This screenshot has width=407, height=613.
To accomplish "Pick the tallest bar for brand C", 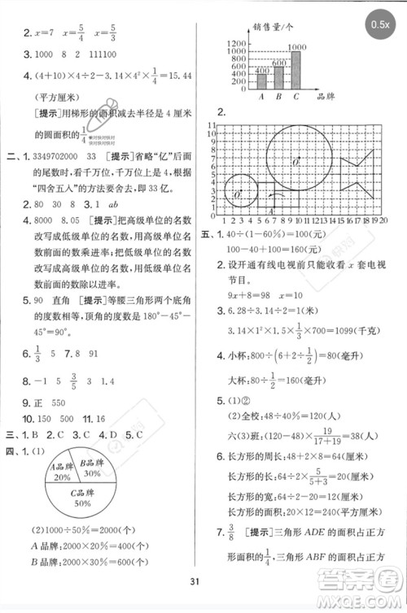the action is pos(296,69).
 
